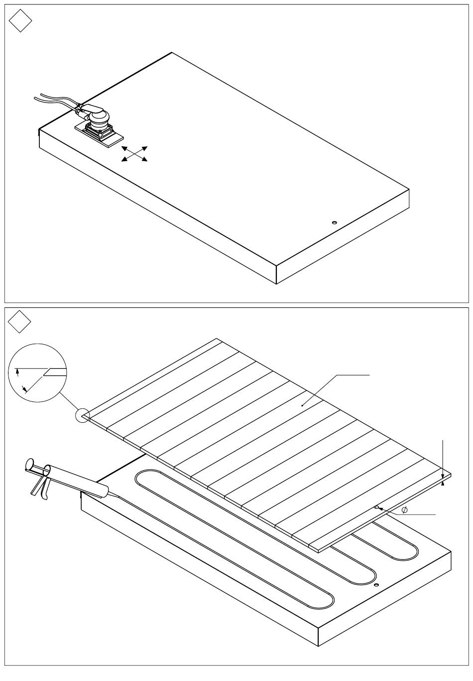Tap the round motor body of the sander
pyautogui.click(x=99, y=117)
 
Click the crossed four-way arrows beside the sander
pyautogui.click(x=134, y=154)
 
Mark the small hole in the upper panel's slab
pyautogui.click(x=334, y=222)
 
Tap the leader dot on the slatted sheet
pyautogui.click(x=303, y=405)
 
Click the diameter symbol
pyautogui.click(x=404, y=509)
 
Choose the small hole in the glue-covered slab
pyautogui.click(x=376, y=584)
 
